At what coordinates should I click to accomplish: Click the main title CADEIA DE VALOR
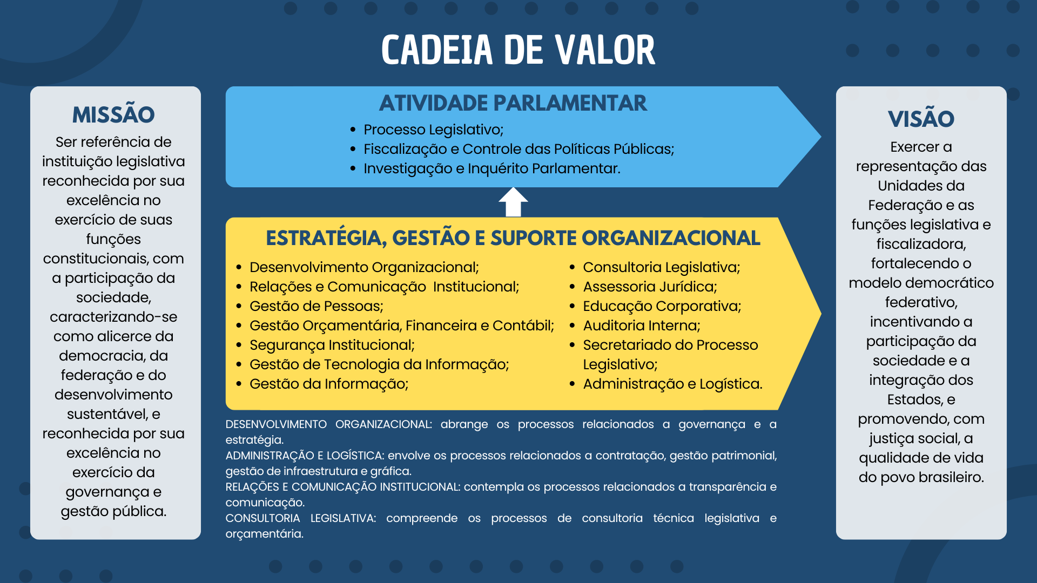pyautogui.click(x=518, y=50)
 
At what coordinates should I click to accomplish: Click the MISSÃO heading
pyautogui.click(x=113, y=114)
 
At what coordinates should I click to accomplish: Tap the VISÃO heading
pyautogui.click(x=921, y=119)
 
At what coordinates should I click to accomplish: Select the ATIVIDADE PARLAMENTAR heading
pyautogui.click(x=513, y=103)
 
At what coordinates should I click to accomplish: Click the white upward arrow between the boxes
pyautogui.click(x=513, y=202)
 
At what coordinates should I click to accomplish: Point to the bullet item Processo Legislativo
pyautogui.click(x=433, y=130)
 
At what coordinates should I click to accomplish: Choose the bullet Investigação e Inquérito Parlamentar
pyautogui.click(x=491, y=168)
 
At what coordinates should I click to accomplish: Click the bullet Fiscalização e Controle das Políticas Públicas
pyautogui.click(x=518, y=149)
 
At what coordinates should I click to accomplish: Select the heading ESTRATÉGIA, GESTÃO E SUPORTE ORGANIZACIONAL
pyautogui.click(x=513, y=238)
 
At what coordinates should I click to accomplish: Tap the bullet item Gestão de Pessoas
pyautogui.click(x=316, y=306)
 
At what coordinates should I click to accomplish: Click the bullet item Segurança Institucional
pyautogui.click(x=332, y=345)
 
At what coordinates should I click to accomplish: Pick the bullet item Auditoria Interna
pyautogui.click(x=641, y=326)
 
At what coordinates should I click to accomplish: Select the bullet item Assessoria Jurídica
pyautogui.click(x=650, y=287)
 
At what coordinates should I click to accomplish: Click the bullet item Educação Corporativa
pyautogui.click(x=662, y=306)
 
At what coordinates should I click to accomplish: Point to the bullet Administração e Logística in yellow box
pyautogui.click(x=672, y=384)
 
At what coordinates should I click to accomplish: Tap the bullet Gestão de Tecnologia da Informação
pyautogui.click(x=379, y=364)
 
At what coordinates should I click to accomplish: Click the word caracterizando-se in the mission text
pyautogui.click(x=113, y=317)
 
